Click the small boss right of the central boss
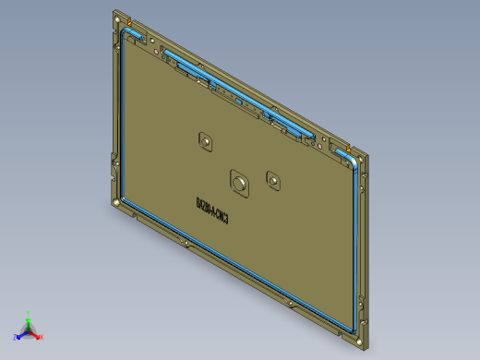pos(272,178)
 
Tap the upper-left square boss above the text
pos(206,140)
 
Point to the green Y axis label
pos(29,313)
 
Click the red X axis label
pos(42,337)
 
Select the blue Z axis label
pos(17,337)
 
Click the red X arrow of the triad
pos(36,334)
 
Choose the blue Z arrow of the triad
pos(22,334)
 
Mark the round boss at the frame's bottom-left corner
pos(114,200)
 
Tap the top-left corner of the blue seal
pos(123,32)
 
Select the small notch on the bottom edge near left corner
pos(139,220)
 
